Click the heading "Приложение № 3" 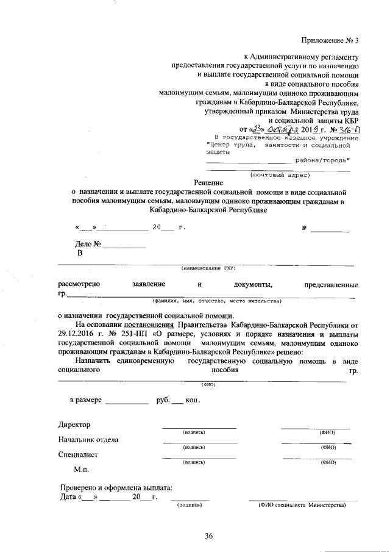tap(329, 41)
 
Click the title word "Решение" tap(209, 182)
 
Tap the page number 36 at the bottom tap(208, 536)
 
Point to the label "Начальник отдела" tap(88, 439)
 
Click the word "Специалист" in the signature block tap(79, 454)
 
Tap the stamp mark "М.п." tap(82, 470)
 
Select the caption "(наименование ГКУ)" tap(208, 268)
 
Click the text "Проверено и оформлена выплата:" tap(116, 487)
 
